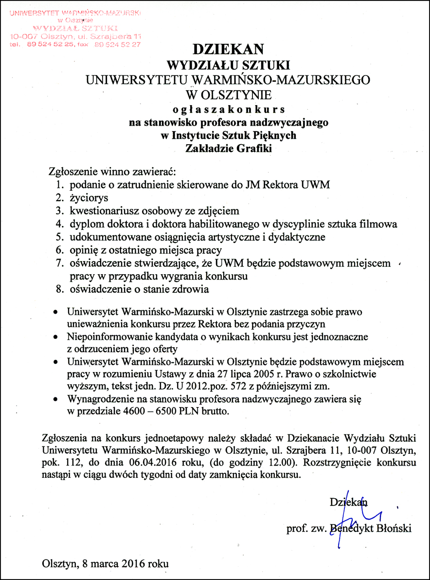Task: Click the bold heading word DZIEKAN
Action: (x=228, y=49)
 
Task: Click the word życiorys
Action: (x=89, y=198)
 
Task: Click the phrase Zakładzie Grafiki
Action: (x=228, y=149)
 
